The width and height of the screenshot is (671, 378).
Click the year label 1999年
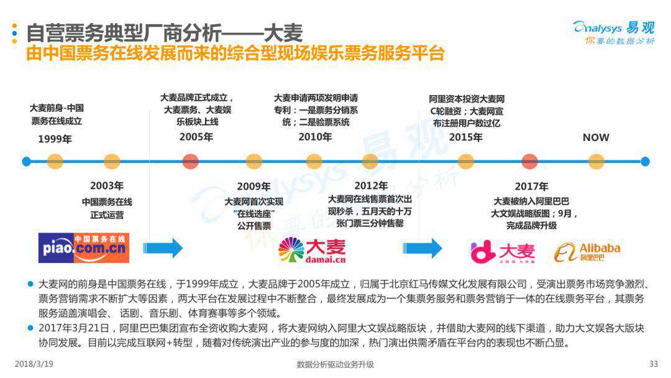pyautogui.click(x=55, y=139)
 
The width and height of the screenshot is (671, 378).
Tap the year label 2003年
pyautogui.click(x=107, y=185)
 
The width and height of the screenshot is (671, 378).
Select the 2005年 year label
pyautogui.click(x=196, y=137)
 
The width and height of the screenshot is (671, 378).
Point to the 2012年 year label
pyautogui.click(x=371, y=185)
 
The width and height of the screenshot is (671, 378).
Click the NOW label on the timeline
pyautogui.click(x=596, y=137)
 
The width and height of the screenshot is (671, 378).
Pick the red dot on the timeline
pyautogui.click(x=529, y=162)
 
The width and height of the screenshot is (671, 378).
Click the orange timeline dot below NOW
pyautogui.click(x=596, y=162)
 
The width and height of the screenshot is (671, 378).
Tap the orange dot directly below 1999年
pyautogui.click(x=55, y=162)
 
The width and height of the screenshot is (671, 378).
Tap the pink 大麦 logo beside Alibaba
pyautogui.click(x=503, y=251)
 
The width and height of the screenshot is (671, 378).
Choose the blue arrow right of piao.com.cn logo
pyautogui.click(x=163, y=248)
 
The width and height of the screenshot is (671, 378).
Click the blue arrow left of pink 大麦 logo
pyautogui.click(x=422, y=248)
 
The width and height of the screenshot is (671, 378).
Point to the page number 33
pyautogui.click(x=652, y=364)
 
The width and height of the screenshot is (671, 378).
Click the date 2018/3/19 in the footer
pyautogui.click(x=33, y=364)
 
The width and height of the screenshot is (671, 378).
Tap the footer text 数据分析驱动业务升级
pyautogui.click(x=335, y=364)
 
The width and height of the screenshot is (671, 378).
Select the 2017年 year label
pyautogui.click(x=531, y=186)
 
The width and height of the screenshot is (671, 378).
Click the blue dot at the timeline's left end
pyautogui.click(x=26, y=162)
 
